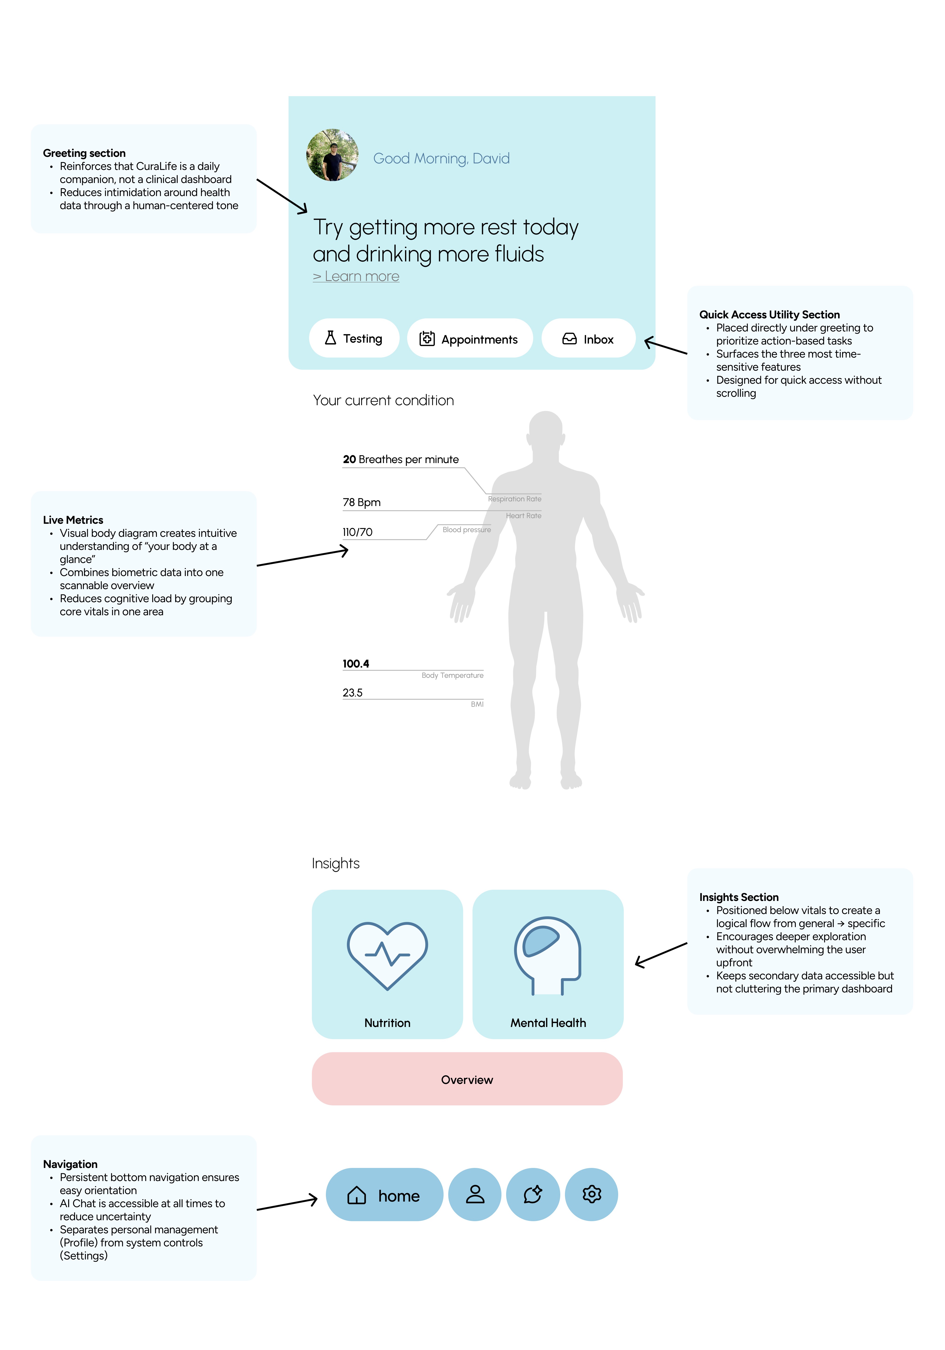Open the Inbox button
(588, 339)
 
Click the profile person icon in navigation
(475, 1195)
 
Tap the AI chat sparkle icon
(533, 1195)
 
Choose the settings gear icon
(592, 1195)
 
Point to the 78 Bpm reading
(362, 502)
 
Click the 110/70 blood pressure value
(358, 532)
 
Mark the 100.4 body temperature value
(356, 664)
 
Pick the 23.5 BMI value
(353, 693)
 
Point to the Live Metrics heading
(73, 520)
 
